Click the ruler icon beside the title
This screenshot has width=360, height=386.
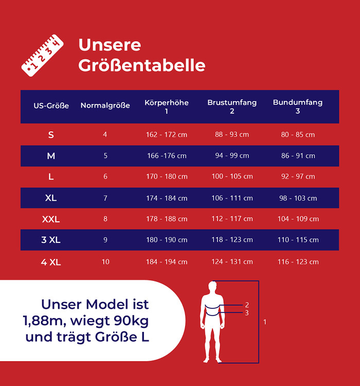pyautogui.click(x=42, y=53)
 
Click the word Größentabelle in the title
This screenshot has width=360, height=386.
pyautogui.click(x=141, y=65)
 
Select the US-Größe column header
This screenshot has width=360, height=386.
pyautogui.click(x=51, y=106)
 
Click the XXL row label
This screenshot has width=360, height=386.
pyautogui.click(x=51, y=219)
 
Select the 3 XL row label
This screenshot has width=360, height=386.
pyautogui.click(x=51, y=240)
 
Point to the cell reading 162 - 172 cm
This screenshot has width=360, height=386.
pyautogui.click(x=167, y=135)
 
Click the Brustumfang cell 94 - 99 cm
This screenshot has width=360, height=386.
pyautogui.click(x=232, y=156)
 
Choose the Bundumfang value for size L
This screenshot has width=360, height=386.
pyautogui.click(x=298, y=177)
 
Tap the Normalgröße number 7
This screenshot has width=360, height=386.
pyautogui.click(x=105, y=198)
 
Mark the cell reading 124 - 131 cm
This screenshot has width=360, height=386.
pyautogui.click(x=232, y=262)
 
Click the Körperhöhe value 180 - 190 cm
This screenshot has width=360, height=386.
pyautogui.click(x=167, y=240)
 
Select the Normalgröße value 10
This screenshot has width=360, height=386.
pyautogui.click(x=105, y=262)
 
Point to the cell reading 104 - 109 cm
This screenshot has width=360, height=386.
pyautogui.click(x=298, y=219)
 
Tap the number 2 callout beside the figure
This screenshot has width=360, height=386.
pyautogui.click(x=247, y=305)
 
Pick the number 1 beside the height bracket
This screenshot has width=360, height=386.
pyautogui.click(x=265, y=322)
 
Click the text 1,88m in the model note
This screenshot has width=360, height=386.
pyautogui.click(x=43, y=321)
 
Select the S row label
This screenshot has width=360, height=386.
pyautogui.click(x=51, y=135)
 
